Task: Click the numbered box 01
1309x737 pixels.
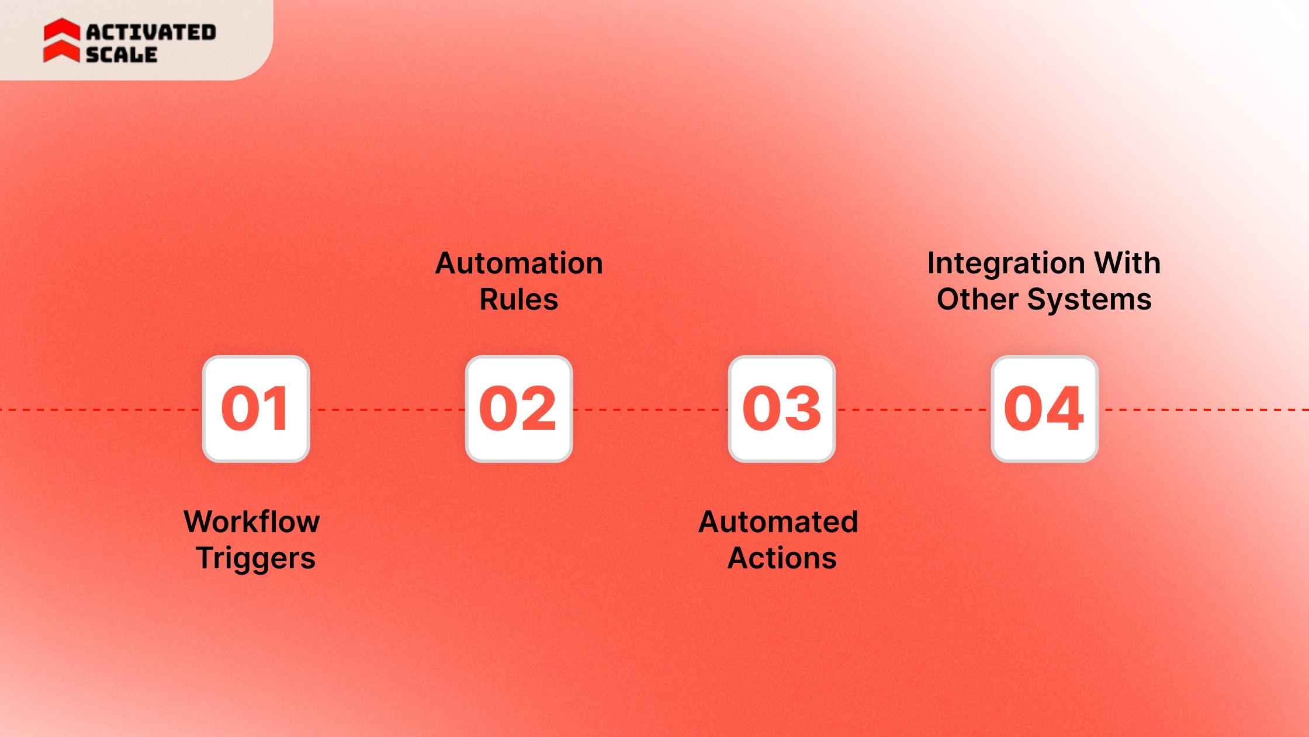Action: pos(256,409)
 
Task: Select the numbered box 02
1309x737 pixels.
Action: pos(519,409)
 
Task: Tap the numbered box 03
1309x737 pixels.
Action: pos(782,409)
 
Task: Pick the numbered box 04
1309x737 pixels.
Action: pos(1045,409)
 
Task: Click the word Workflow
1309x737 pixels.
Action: pos(252,522)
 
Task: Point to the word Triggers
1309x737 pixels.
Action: pos(256,558)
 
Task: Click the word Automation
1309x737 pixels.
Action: pos(519,263)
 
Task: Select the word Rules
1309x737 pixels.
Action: pos(519,300)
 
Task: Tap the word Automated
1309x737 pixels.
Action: pos(778,522)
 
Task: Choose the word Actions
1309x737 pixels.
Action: pos(782,558)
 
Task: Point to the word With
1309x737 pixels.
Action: pos(1127,263)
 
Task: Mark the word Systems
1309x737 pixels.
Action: pos(1089,300)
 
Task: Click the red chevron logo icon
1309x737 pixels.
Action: pos(61,40)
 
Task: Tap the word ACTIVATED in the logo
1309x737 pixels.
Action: pos(151,32)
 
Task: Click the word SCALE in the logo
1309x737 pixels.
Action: pos(122,55)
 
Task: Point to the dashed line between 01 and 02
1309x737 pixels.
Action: pos(387,410)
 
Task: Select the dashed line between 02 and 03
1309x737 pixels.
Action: pos(650,410)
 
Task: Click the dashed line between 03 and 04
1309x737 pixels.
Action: pos(913,410)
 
